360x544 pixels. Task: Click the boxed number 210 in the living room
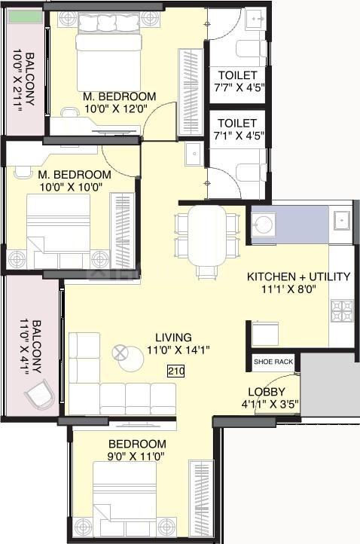[x=176, y=371]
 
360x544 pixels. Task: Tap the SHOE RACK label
[x=273, y=362]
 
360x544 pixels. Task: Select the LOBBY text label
[x=267, y=392]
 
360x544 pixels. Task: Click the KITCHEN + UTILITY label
[x=298, y=277]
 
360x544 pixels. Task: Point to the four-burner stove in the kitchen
[x=342, y=310]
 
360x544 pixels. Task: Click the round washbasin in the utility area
[x=264, y=225]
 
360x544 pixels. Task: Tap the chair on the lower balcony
[x=39, y=395]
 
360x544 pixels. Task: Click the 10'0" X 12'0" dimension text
[x=116, y=109]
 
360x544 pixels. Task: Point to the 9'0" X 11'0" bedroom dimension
[x=136, y=457]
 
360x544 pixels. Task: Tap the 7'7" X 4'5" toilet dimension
[x=239, y=87]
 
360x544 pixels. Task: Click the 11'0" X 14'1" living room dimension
[x=178, y=350]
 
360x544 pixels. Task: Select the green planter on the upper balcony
[x=26, y=17]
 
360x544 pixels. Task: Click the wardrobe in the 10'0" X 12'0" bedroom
[x=191, y=92]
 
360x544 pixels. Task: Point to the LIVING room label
[x=173, y=338]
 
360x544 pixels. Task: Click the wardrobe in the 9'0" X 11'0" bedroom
[x=201, y=499]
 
